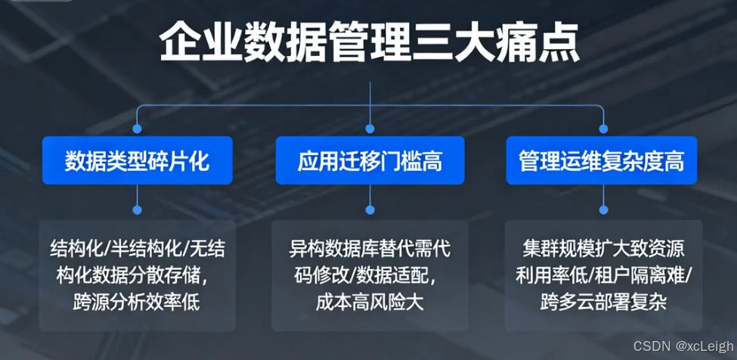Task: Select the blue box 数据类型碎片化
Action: click(137, 160)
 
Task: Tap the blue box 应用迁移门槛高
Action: click(370, 160)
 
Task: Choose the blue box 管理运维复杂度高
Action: click(602, 160)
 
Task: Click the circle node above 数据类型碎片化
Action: click(137, 128)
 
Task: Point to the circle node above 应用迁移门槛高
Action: click(370, 128)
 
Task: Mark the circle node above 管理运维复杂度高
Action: click(602, 128)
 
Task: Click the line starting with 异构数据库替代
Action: click(370, 249)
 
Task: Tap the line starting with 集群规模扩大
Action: click(602, 249)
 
